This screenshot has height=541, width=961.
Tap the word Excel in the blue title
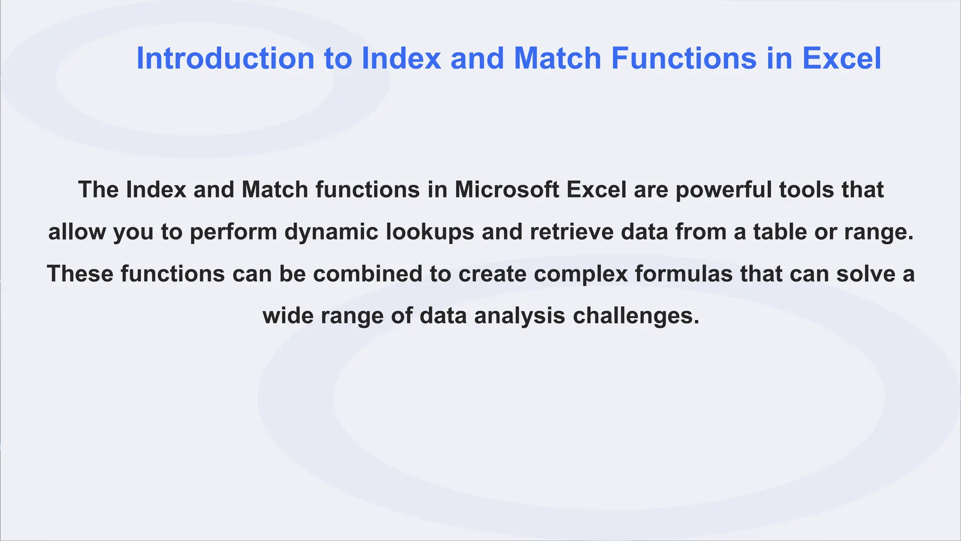[x=842, y=59]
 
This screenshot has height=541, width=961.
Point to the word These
[x=80, y=274]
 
